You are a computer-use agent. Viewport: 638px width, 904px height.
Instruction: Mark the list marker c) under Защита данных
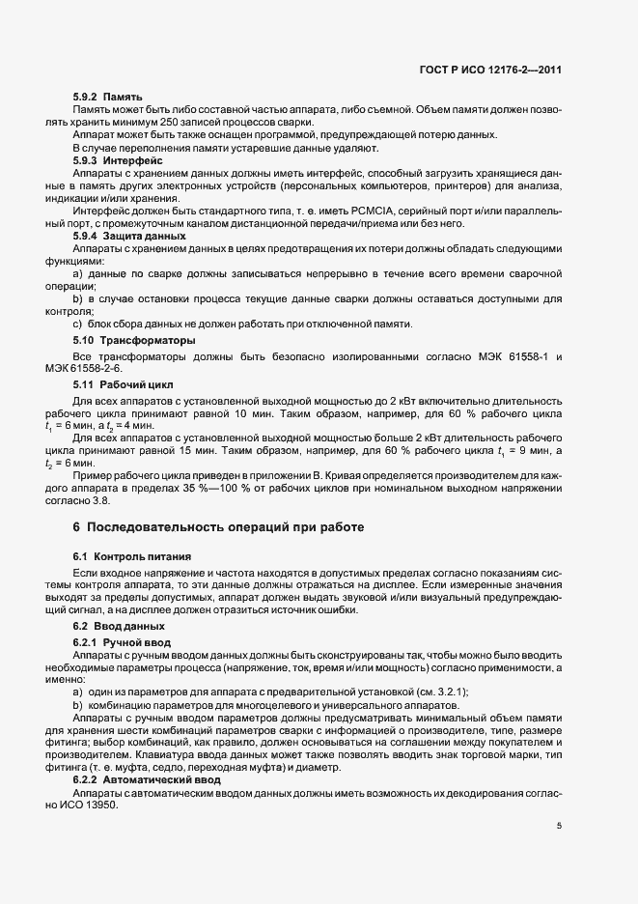pos(77,324)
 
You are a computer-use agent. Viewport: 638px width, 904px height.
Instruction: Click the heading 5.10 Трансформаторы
pos(121,341)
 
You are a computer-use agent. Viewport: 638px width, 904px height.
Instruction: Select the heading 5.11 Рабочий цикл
pos(112,385)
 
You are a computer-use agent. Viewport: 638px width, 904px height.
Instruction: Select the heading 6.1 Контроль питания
pos(125,557)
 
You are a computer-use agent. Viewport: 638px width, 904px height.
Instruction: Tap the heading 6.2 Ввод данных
pos(108,627)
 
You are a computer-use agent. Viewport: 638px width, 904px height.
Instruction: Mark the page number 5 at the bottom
pos(559,826)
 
